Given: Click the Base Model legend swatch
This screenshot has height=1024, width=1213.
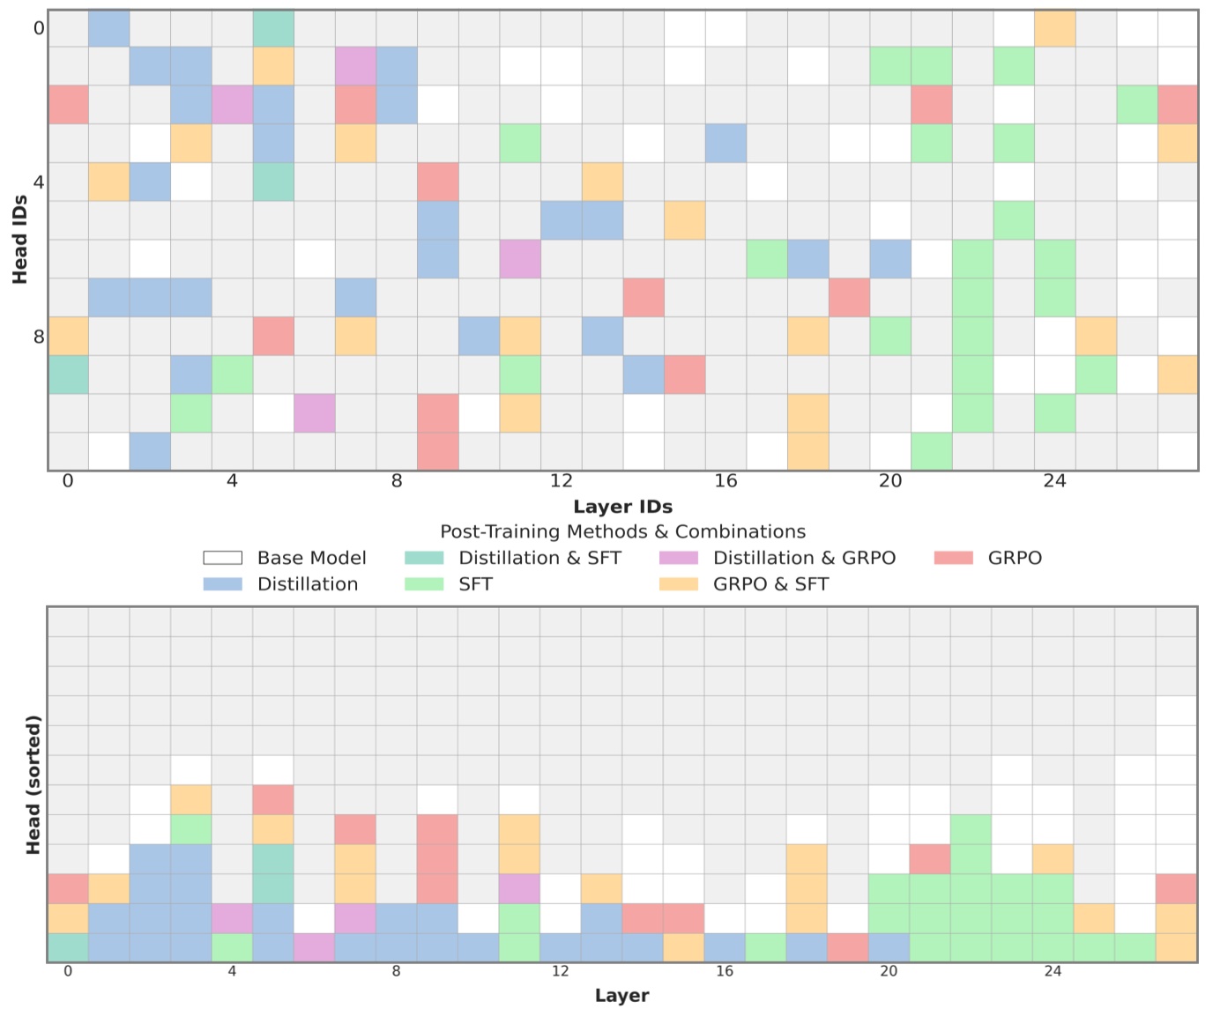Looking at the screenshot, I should click(222, 558).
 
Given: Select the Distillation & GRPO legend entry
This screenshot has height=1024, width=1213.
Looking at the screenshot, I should click(803, 558).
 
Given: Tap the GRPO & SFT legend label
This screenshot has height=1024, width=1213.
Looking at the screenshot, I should click(770, 584).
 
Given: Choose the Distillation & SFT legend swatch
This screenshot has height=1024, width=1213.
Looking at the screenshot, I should click(423, 558).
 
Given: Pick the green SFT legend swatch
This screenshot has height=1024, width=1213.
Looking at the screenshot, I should click(423, 584).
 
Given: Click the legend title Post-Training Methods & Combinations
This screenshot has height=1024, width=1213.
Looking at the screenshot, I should click(622, 532).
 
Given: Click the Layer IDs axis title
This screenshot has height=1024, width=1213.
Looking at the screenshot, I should click(622, 507).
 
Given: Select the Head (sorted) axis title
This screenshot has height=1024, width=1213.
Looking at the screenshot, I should click(33, 784).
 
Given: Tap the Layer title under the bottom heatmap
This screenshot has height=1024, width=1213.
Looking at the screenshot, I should click(621, 996).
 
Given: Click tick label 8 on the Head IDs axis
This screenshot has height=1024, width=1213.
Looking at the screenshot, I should click(38, 337).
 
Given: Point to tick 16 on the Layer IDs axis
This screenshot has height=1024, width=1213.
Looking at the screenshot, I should click(726, 481).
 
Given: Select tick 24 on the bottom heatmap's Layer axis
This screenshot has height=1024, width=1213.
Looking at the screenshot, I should click(1053, 972).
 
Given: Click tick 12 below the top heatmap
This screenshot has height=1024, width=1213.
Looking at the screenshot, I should click(562, 481).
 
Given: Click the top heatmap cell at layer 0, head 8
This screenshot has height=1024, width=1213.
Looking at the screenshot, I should click(68, 336).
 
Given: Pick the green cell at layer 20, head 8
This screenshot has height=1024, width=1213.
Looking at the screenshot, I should click(889, 336).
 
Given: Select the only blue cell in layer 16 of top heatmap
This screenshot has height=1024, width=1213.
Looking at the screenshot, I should click(726, 143).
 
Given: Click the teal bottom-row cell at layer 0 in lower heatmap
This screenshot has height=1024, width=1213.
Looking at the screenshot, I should click(68, 947).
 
